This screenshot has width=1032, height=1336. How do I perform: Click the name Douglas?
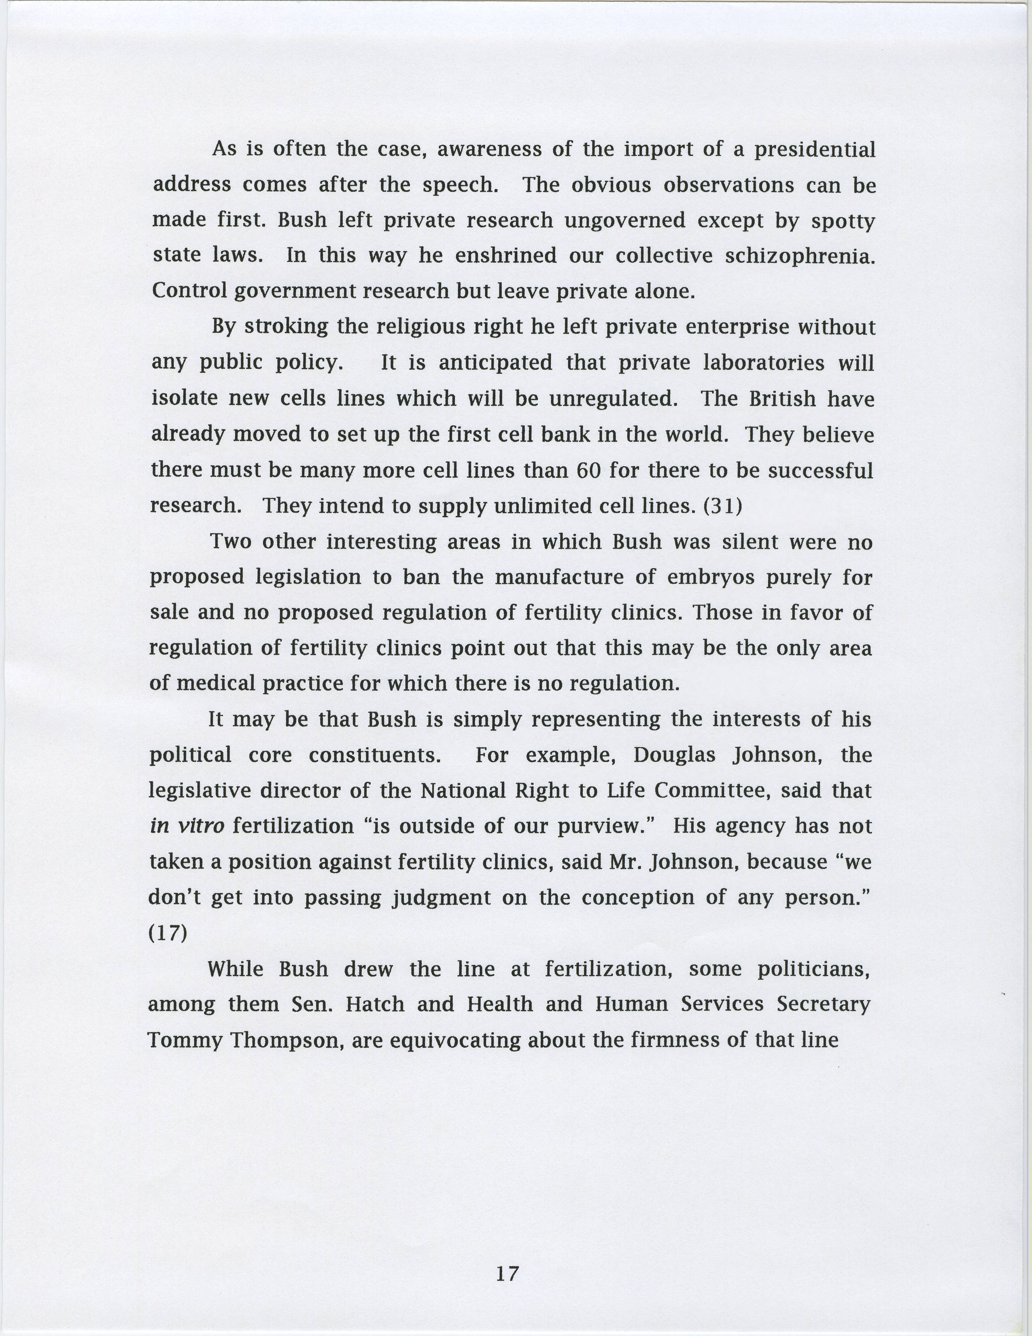click(x=675, y=755)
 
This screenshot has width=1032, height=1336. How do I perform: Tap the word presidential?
click(x=814, y=149)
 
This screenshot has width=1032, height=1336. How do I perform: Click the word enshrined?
click(x=506, y=256)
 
